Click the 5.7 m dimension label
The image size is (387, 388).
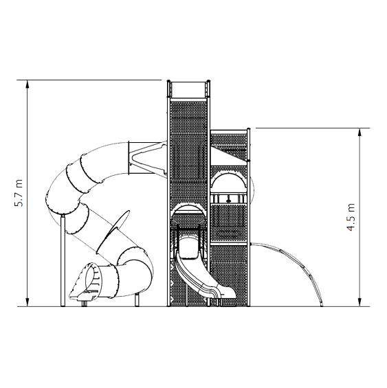(x=19, y=193)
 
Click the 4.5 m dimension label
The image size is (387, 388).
(x=351, y=217)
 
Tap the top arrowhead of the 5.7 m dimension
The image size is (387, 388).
(x=27, y=84)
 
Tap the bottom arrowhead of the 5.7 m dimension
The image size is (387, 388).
(x=27, y=302)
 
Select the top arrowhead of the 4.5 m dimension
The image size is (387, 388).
(x=360, y=133)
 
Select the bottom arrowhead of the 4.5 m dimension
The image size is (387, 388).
(x=360, y=302)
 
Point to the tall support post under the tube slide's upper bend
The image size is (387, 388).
(x=63, y=260)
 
